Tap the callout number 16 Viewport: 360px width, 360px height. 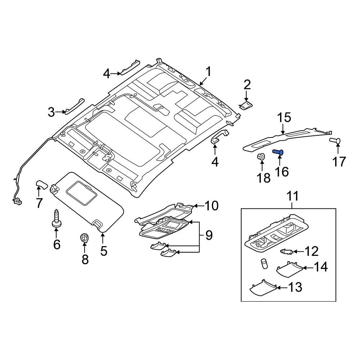(282, 172)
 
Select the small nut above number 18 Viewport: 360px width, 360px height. (262, 157)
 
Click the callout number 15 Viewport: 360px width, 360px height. (284, 118)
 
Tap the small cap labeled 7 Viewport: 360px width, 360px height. (41, 186)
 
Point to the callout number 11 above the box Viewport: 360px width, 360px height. (292, 197)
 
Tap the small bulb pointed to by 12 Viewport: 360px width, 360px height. (285, 251)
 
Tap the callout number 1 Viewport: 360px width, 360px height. (208, 71)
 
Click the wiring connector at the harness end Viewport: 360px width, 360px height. (17, 202)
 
